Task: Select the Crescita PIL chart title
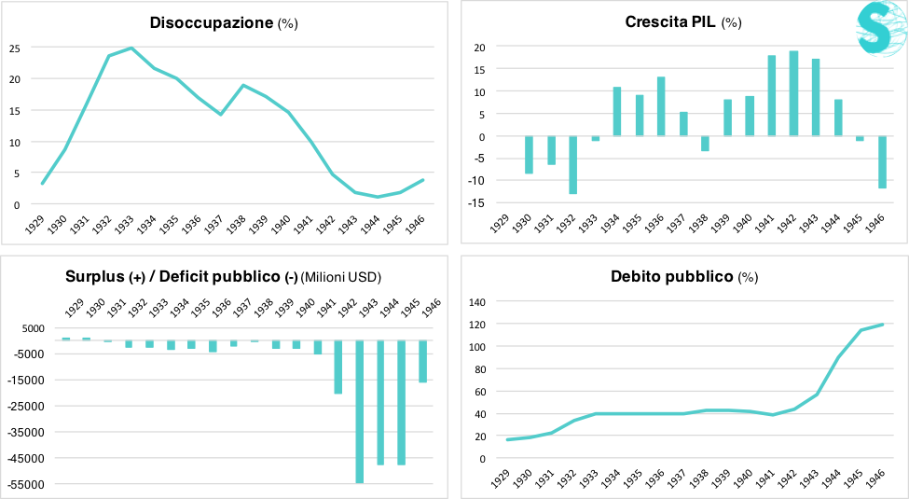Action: [x=670, y=21]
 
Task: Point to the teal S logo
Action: [x=879, y=29]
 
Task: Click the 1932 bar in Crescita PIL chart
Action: [x=573, y=165]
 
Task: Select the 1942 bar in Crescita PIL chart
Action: [x=793, y=93]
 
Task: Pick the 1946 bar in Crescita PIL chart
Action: [x=882, y=162]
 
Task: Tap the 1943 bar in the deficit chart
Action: [x=359, y=410]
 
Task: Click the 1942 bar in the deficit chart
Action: [x=337, y=367]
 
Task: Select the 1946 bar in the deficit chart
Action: [x=423, y=361]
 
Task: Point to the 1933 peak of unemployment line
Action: [x=131, y=48]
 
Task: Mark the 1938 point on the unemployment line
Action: [x=243, y=85]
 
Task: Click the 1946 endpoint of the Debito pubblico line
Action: [x=881, y=325]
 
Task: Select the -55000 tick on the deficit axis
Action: [x=27, y=484]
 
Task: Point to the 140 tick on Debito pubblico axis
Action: [x=476, y=301]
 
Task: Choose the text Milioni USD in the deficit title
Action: [x=341, y=277]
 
